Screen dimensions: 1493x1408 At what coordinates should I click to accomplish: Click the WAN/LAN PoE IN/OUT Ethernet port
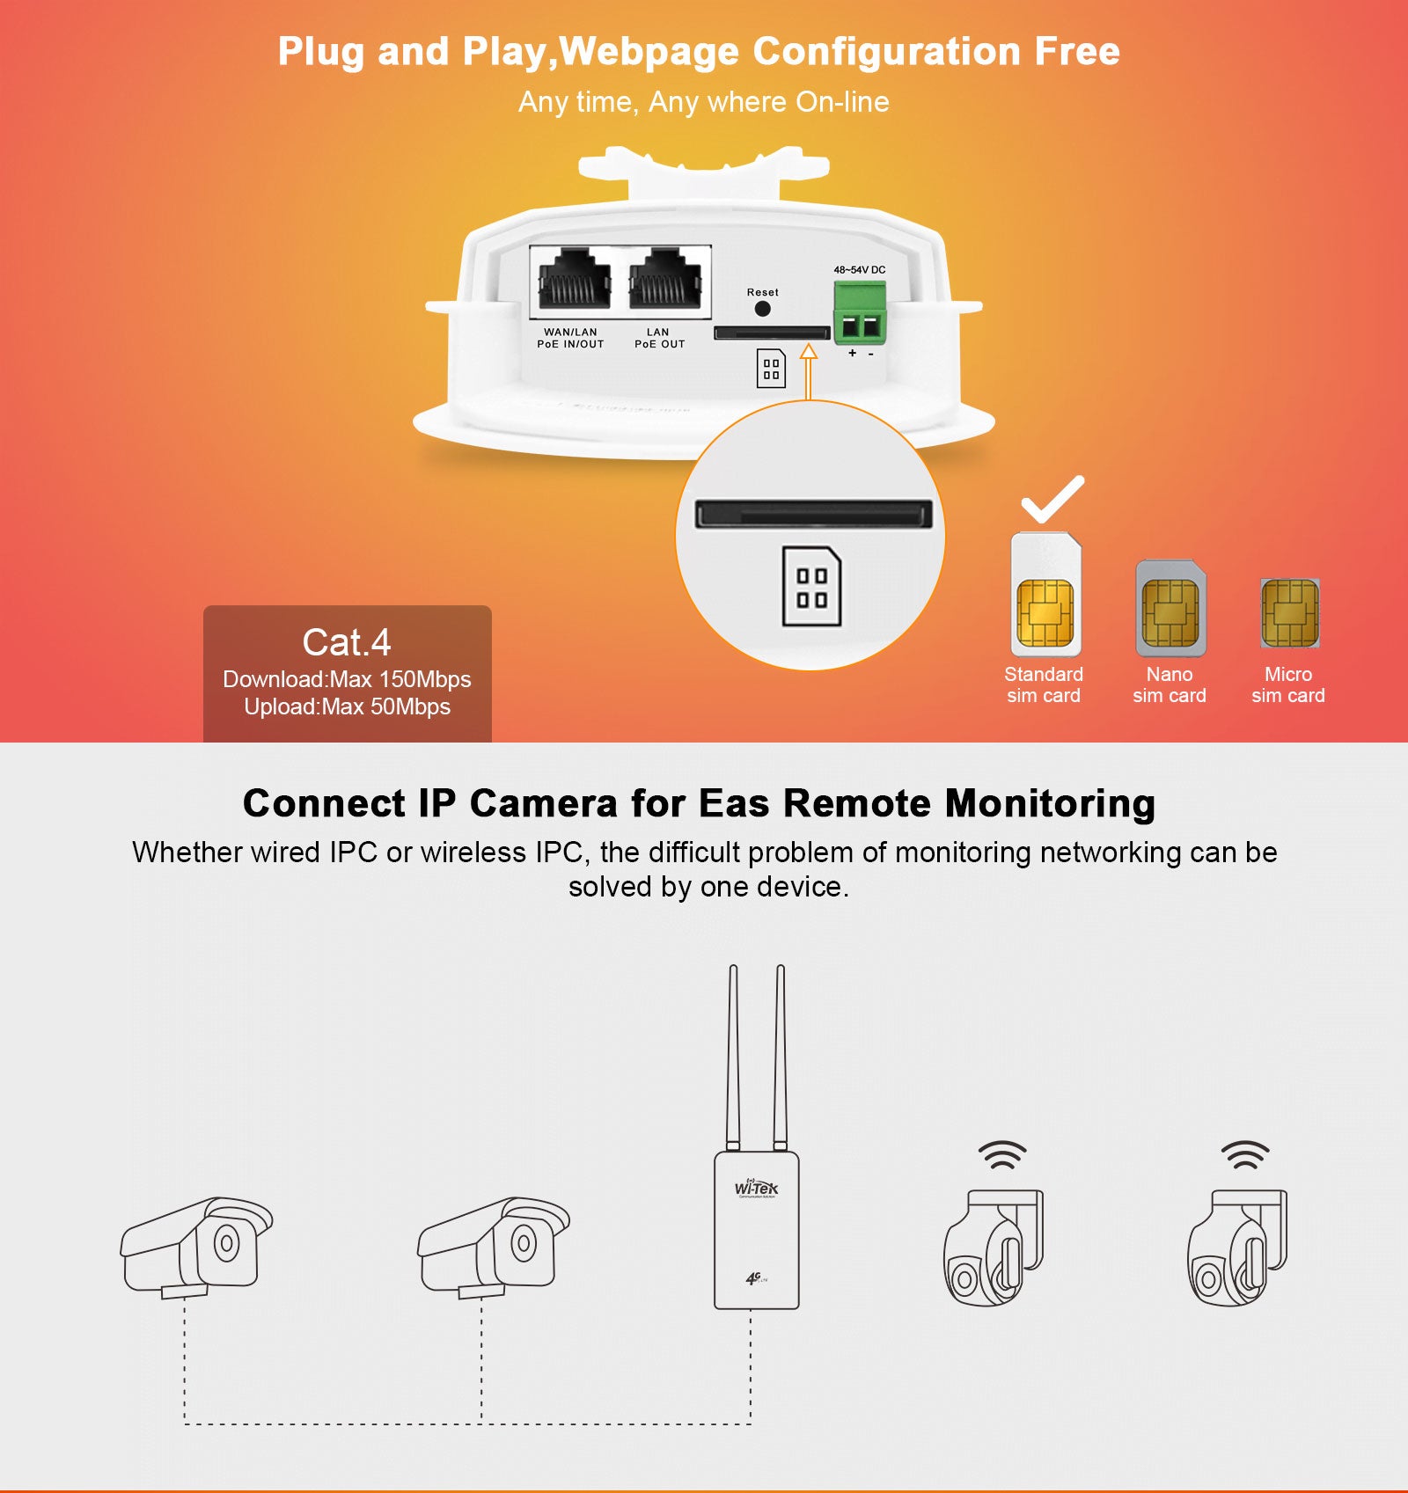(x=575, y=280)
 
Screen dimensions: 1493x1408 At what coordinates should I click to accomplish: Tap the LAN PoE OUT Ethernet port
(x=665, y=280)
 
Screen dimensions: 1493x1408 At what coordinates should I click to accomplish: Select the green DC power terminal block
(x=860, y=313)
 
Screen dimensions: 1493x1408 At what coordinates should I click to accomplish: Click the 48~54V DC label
(x=859, y=270)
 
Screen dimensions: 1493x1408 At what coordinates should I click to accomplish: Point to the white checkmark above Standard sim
(x=1052, y=499)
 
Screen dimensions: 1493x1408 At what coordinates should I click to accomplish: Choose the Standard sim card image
(x=1045, y=596)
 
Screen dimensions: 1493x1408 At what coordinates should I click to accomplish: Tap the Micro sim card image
(x=1289, y=613)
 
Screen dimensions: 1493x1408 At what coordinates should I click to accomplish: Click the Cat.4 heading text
(x=347, y=642)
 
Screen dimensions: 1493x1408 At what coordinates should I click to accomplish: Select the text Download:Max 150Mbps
(x=347, y=679)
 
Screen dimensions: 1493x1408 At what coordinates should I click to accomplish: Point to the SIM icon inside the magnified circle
(x=811, y=587)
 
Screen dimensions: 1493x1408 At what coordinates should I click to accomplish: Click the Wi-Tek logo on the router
(x=757, y=1189)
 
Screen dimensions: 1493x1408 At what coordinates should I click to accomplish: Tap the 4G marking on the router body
(x=755, y=1278)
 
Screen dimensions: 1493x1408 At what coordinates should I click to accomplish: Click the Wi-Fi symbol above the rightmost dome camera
(x=1244, y=1155)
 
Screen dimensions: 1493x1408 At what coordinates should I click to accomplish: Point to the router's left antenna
(x=733, y=1056)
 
